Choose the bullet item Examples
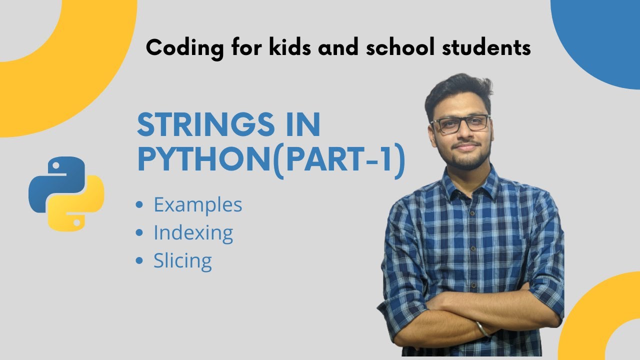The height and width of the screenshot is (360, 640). point(197,204)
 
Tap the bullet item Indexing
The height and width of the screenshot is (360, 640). point(193,233)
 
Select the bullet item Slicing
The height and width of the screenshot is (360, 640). point(182,261)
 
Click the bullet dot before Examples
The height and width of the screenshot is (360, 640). point(139,204)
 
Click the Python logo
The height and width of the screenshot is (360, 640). point(66,193)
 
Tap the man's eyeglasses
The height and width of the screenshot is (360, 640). point(460,123)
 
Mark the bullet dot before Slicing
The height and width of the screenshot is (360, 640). point(139,261)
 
